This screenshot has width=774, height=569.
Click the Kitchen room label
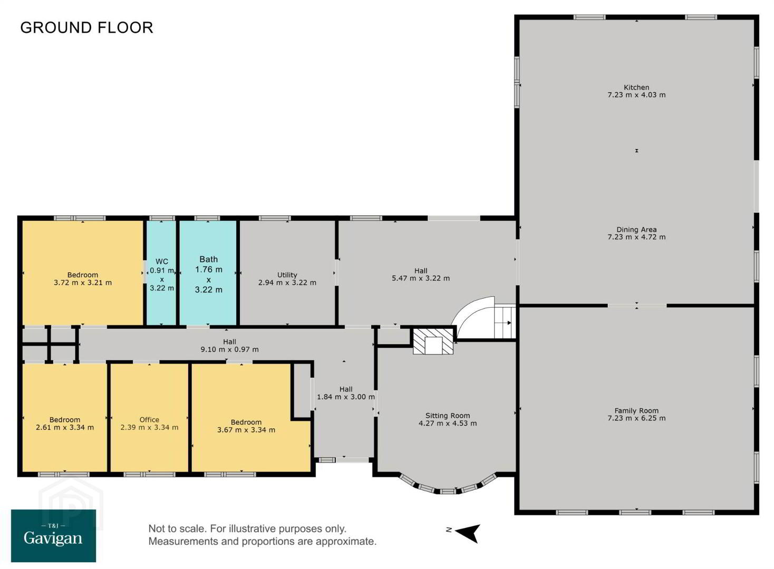coord(636,87)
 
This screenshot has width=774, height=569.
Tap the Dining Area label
coord(636,230)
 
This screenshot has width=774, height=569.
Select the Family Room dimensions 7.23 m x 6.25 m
coord(636,418)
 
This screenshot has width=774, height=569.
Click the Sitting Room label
coord(448,416)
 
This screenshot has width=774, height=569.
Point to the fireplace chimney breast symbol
coord(433,341)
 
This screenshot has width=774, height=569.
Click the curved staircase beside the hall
coord(484,318)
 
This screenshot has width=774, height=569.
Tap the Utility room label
coord(287,275)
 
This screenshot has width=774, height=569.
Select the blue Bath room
coord(208,273)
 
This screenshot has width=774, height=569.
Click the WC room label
coord(162,261)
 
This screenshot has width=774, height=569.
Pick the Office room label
coord(149,420)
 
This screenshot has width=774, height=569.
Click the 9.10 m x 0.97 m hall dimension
coord(229,349)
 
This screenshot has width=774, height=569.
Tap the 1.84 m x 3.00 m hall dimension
coord(346,397)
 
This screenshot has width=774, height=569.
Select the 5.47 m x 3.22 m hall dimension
coord(421,278)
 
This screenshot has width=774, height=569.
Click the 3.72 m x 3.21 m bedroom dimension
coord(83,282)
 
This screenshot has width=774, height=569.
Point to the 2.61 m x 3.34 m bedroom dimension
coord(65,427)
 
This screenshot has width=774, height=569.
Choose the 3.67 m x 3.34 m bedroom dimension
coord(246,430)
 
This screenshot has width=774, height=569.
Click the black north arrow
coord(468,533)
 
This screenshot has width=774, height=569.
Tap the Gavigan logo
coord(54,535)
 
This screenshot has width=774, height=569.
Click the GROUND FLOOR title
coord(86,27)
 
